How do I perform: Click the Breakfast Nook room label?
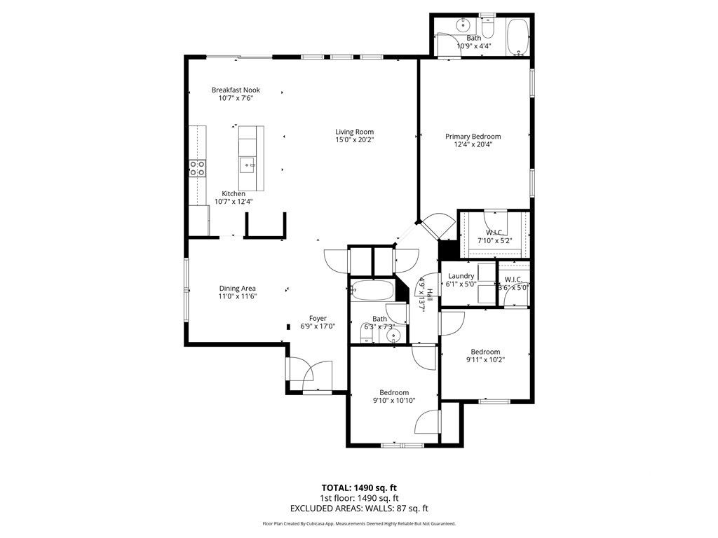[x=235, y=90]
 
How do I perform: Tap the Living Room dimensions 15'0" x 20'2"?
[x=354, y=140]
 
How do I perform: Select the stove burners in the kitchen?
[x=198, y=168]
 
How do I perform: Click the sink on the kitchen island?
[x=248, y=165]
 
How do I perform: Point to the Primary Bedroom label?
[x=473, y=137]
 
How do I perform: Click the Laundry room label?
[x=461, y=277]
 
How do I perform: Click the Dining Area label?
[x=238, y=289]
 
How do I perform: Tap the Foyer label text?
[x=318, y=319]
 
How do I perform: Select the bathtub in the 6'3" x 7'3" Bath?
[x=372, y=290]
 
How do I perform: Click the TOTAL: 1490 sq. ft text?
[x=359, y=488]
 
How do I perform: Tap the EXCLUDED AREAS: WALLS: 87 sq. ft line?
[x=359, y=509]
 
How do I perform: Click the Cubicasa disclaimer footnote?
[x=359, y=523]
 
